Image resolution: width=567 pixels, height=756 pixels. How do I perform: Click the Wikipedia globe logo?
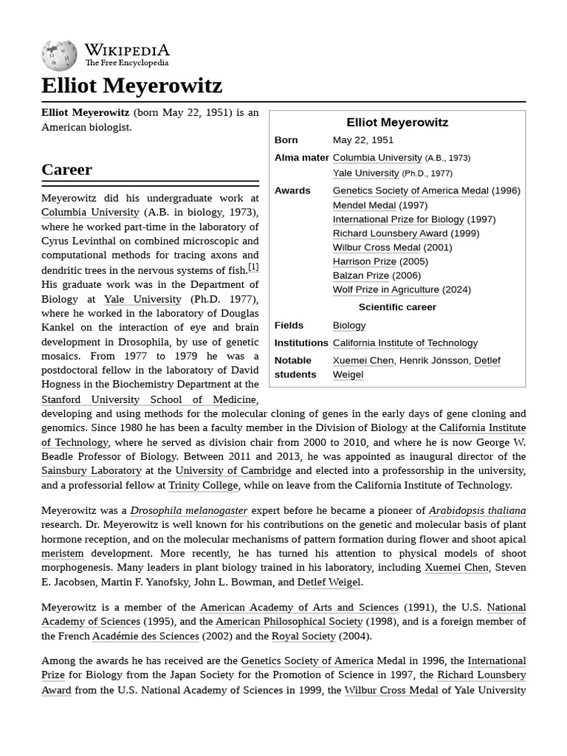(59, 55)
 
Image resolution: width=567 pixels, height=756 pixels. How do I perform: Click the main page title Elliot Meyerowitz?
(131, 86)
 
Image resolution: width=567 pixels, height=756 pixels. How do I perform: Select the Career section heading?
(66, 169)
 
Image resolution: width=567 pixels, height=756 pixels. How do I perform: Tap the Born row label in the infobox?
(286, 140)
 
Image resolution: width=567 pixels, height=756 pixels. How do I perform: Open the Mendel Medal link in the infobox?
(364, 205)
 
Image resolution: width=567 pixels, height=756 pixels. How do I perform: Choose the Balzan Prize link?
(360, 275)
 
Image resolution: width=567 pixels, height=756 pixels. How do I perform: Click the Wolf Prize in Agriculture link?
(385, 289)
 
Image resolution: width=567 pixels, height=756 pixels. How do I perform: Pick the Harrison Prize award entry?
(364, 261)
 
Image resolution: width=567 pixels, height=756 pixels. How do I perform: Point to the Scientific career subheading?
(397, 307)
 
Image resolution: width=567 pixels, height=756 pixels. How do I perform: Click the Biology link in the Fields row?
(348, 325)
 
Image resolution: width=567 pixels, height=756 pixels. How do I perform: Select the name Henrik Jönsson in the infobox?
(433, 360)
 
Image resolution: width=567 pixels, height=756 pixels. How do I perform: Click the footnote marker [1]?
(253, 267)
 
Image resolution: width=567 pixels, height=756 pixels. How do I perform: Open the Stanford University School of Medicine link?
(148, 399)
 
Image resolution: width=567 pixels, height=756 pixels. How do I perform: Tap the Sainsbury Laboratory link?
(91, 470)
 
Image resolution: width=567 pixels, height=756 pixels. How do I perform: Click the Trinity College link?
(203, 485)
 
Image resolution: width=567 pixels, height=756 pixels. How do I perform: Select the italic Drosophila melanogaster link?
(188, 510)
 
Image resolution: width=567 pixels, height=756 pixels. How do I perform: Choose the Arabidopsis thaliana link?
(477, 510)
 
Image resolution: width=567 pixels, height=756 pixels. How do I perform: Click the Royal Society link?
(303, 636)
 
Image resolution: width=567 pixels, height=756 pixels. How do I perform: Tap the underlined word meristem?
(62, 553)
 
